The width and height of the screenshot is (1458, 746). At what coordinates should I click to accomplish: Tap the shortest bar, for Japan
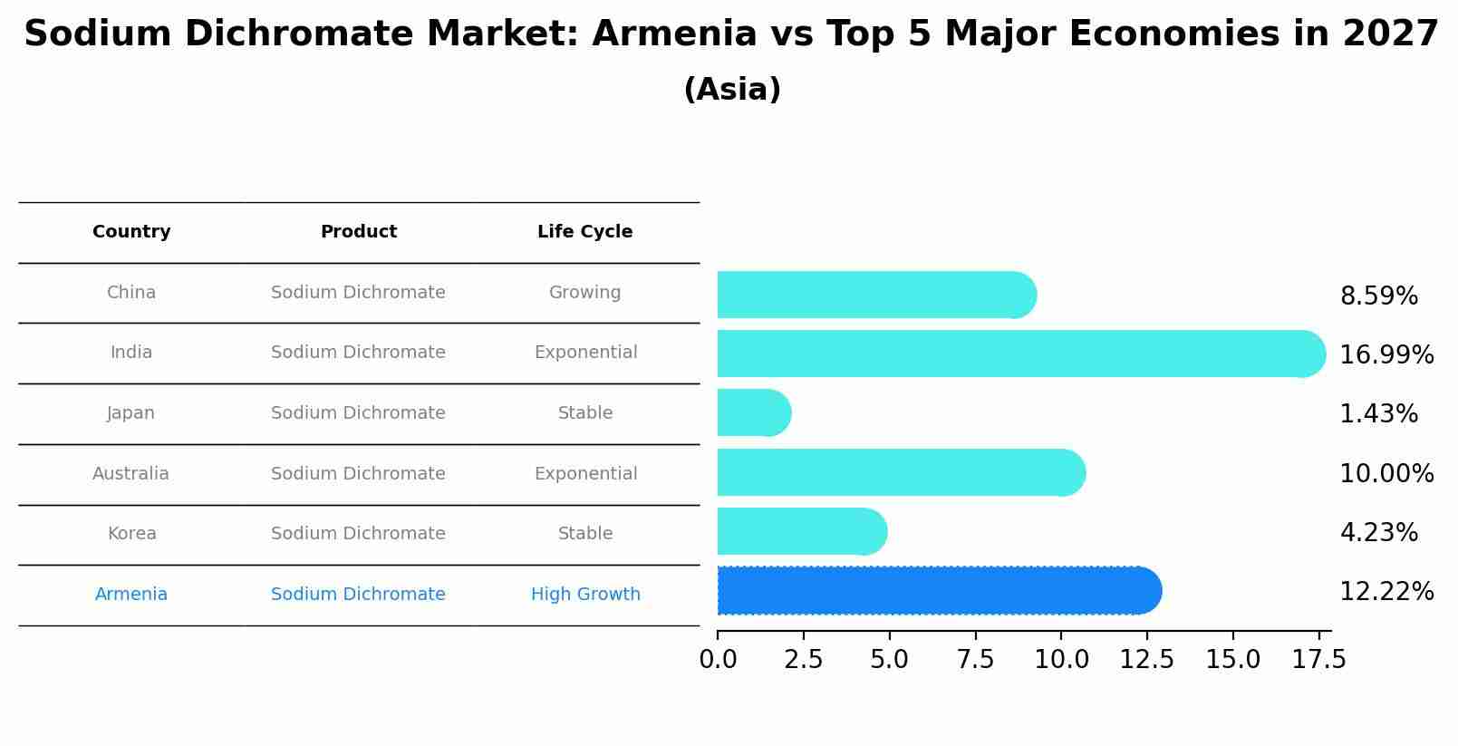pos(753,412)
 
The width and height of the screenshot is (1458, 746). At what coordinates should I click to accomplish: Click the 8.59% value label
pos(1378,296)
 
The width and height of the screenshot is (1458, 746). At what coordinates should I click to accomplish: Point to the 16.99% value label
pos(1386,355)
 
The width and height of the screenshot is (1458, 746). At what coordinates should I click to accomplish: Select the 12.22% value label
pos(1386,592)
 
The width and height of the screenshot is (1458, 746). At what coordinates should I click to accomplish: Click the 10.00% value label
pos(1386,474)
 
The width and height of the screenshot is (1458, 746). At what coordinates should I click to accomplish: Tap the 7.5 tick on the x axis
pos(975,660)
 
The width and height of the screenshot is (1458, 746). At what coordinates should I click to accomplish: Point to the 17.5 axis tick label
pos(1318,660)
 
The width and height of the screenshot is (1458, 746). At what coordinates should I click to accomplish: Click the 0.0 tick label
pos(718,660)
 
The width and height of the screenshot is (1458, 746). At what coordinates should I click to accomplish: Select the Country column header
pos(131,232)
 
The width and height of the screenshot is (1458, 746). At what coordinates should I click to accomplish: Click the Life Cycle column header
pos(584,232)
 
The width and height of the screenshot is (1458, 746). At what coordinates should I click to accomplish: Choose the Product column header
pos(359,232)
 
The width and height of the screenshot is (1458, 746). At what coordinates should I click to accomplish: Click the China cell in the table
pos(131,293)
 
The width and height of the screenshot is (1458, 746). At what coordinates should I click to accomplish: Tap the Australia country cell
pos(130,474)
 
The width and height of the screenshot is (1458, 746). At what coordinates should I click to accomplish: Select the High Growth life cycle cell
pos(585,595)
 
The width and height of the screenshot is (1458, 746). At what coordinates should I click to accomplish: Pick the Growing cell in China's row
pos(584,293)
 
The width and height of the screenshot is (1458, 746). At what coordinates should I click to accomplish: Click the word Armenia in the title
pos(674,34)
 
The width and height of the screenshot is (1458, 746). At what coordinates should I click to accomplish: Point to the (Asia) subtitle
pos(732,90)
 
